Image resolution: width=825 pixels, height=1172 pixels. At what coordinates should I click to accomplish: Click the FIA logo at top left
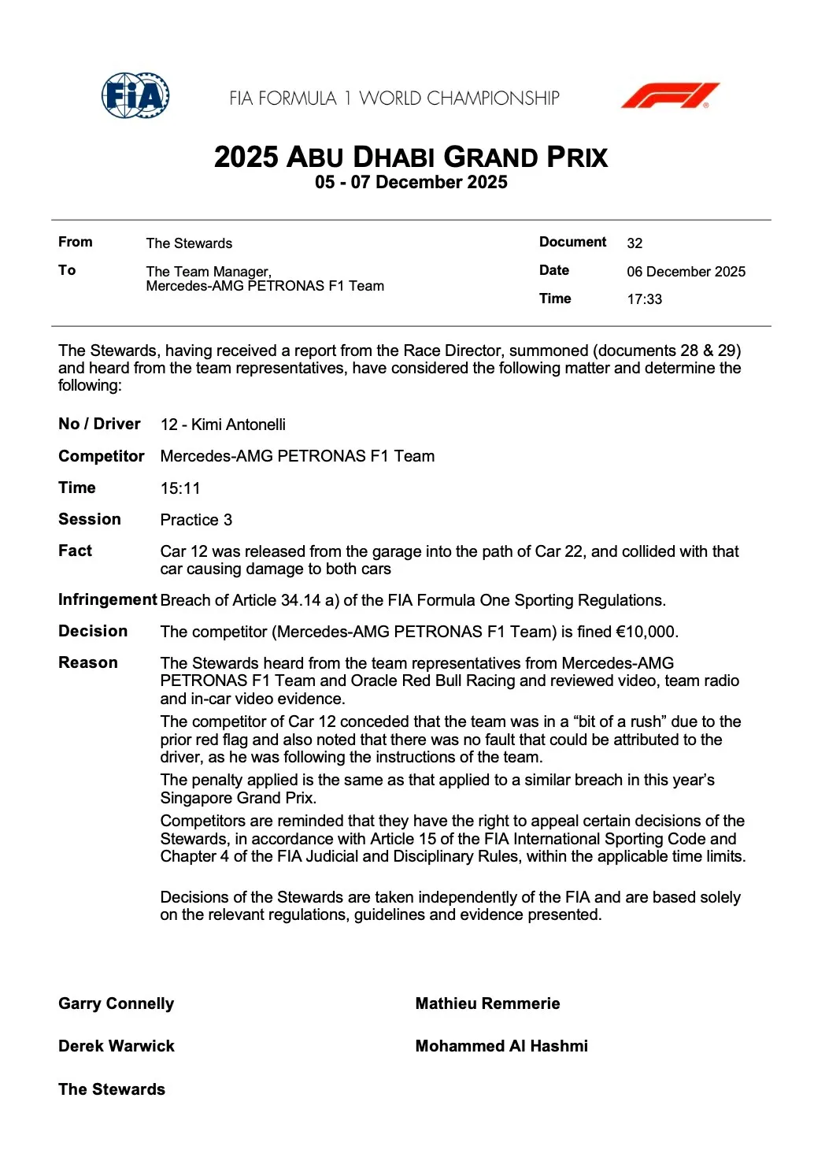pyautogui.click(x=135, y=96)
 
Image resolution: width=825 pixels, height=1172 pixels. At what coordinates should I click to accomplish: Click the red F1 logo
pyautogui.click(x=670, y=96)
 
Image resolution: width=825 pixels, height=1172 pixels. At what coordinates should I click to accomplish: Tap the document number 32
pyautogui.click(x=634, y=243)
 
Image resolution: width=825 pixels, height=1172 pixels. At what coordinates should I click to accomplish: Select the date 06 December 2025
pyautogui.click(x=686, y=272)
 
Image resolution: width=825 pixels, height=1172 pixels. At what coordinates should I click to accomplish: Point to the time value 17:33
pyautogui.click(x=644, y=299)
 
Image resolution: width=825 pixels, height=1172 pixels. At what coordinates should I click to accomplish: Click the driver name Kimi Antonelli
pyautogui.click(x=239, y=425)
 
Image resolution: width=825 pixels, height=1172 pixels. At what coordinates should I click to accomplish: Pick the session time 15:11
pyautogui.click(x=180, y=488)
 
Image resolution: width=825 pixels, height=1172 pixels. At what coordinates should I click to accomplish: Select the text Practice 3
pyautogui.click(x=196, y=520)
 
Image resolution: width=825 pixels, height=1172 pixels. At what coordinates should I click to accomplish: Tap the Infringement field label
pyautogui.click(x=107, y=600)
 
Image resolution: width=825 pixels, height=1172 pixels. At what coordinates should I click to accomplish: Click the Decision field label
pyautogui.click(x=93, y=632)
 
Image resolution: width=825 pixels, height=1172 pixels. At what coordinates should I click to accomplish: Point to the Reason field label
pyautogui.click(x=88, y=663)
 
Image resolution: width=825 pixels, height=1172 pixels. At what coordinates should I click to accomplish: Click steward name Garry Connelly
pyautogui.click(x=117, y=1003)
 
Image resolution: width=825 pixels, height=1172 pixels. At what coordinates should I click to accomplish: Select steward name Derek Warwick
pyautogui.click(x=117, y=1046)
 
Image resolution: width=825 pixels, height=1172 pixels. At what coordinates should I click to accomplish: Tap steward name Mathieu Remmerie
pyautogui.click(x=487, y=1003)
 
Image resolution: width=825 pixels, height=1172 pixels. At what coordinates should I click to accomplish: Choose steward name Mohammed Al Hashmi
pyautogui.click(x=501, y=1046)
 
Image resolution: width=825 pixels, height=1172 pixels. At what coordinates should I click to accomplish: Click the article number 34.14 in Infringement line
pyautogui.click(x=301, y=600)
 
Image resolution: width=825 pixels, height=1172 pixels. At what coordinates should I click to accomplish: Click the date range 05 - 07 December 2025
pyautogui.click(x=411, y=183)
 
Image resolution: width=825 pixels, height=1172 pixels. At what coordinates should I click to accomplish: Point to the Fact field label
pyautogui.click(x=75, y=551)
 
